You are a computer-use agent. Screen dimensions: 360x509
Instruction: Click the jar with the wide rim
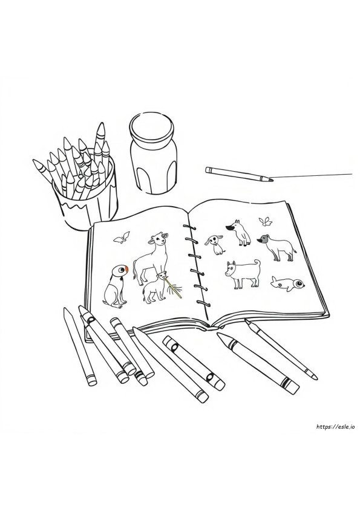[x=154, y=152]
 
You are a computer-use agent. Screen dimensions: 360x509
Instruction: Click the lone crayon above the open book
[x=239, y=174]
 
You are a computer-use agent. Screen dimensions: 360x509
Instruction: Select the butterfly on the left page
[x=122, y=238]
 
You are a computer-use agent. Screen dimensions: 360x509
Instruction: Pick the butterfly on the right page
[x=265, y=222]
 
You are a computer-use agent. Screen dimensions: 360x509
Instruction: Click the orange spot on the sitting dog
[x=126, y=269]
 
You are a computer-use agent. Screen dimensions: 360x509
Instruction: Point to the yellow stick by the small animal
[x=172, y=286]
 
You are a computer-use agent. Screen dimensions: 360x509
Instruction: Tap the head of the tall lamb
[x=159, y=239]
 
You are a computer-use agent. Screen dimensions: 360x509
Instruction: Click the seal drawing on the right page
[x=287, y=284]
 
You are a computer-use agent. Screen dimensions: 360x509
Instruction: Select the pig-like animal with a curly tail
[x=243, y=274]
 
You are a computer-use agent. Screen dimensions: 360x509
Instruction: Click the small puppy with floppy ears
[x=214, y=244]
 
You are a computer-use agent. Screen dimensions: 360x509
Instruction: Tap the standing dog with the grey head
[x=277, y=247]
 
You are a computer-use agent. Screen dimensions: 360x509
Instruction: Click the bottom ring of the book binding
[x=203, y=303]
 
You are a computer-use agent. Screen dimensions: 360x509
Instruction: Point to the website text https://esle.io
[x=335, y=427]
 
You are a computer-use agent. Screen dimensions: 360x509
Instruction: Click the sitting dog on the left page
[x=115, y=286]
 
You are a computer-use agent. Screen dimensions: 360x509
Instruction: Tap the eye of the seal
[x=298, y=284]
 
